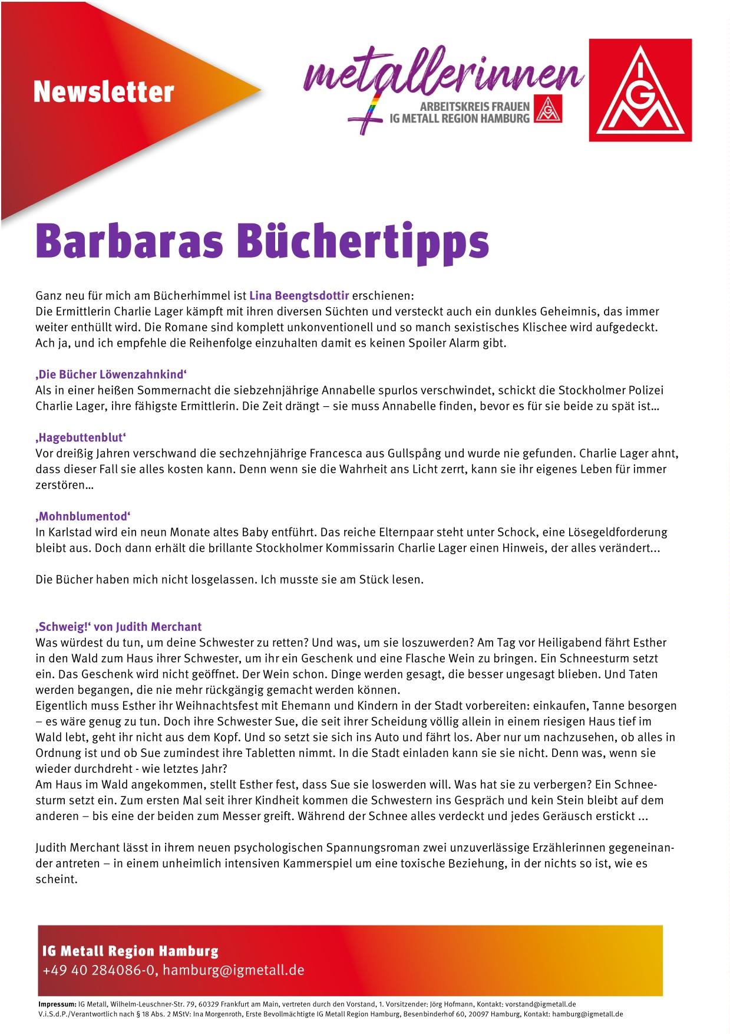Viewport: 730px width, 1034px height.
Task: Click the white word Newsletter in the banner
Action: click(x=104, y=92)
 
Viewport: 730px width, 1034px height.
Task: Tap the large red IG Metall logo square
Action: click(x=640, y=90)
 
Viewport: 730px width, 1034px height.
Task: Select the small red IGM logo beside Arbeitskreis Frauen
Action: click(x=549, y=110)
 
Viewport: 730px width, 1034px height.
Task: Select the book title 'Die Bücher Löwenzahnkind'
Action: click(x=111, y=374)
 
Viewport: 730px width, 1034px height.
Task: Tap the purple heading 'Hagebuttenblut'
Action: click(x=81, y=437)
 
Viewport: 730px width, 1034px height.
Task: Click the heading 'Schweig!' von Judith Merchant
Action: click(x=118, y=627)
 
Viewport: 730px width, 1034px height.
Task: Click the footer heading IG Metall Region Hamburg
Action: click(x=130, y=951)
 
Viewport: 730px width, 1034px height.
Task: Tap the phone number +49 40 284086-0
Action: click(x=99, y=970)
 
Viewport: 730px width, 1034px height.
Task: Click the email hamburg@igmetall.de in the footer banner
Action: click(x=234, y=970)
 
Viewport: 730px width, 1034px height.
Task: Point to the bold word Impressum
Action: click(x=57, y=1004)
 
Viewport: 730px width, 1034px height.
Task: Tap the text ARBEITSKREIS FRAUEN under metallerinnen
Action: click(x=474, y=107)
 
